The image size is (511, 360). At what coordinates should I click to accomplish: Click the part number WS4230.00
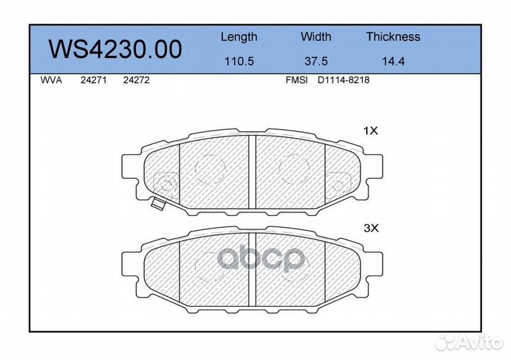point(116,49)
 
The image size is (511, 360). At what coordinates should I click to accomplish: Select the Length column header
point(239,37)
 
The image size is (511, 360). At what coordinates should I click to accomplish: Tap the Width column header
point(316,36)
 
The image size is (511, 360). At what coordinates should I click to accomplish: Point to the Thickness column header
point(393,36)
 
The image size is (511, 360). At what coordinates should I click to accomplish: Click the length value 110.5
point(239,61)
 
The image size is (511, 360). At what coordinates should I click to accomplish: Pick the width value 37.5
point(316,61)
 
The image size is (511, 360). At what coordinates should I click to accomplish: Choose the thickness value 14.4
point(393,61)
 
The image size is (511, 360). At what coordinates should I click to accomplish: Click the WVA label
point(51,80)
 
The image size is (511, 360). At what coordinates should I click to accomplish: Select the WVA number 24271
point(94,80)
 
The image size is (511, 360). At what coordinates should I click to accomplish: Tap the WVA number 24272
point(136,80)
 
